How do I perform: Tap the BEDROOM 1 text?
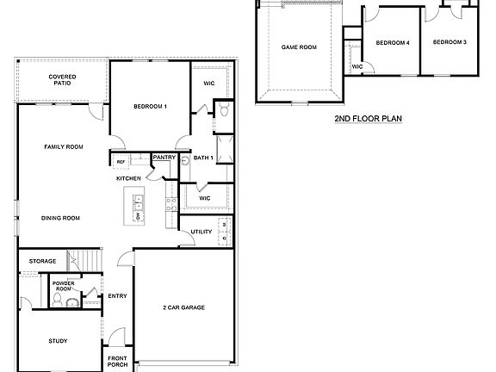click(150, 106)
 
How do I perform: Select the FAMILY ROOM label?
click(64, 147)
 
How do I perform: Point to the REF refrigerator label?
click(121, 161)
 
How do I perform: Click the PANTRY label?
click(164, 158)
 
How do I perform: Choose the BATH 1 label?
click(202, 158)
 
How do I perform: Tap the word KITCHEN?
click(129, 178)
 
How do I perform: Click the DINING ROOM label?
click(60, 218)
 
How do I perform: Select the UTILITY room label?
click(201, 232)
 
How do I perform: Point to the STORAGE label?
click(42, 261)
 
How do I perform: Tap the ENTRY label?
click(117, 297)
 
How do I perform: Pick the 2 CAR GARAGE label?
click(183, 307)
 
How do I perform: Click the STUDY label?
click(58, 341)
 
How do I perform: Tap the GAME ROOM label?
click(299, 46)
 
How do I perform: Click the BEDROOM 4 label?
click(392, 42)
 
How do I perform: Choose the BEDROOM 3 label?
click(449, 42)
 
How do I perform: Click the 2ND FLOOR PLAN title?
click(369, 120)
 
